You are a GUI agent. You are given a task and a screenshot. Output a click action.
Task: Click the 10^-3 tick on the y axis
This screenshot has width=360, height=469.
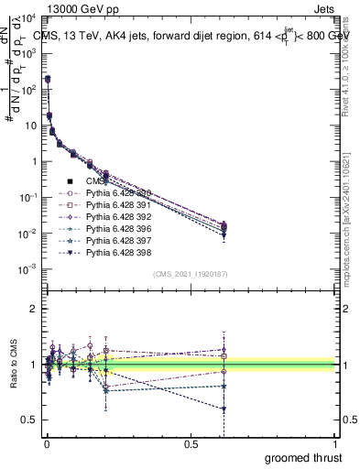[27, 268]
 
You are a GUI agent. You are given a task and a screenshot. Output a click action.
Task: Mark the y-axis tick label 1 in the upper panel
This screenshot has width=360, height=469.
[33, 161]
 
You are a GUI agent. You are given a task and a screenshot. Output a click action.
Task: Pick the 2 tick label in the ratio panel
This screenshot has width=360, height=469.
[33, 309]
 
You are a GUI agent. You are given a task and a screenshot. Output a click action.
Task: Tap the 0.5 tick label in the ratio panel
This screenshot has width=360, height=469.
[28, 420]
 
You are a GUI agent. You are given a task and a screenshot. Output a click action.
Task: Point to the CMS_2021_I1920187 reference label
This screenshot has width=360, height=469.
[191, 274]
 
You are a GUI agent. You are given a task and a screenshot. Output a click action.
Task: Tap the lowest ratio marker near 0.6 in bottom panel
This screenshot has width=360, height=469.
[224, 409]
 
